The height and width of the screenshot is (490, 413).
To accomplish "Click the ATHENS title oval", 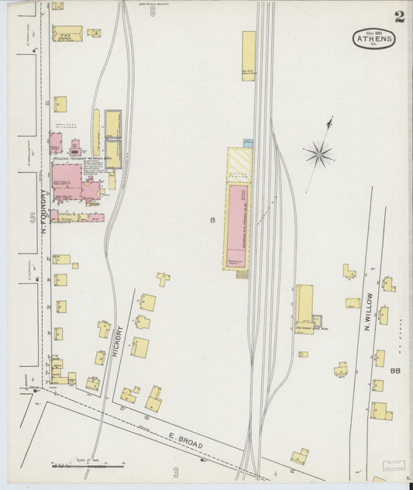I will (x=375, y=38).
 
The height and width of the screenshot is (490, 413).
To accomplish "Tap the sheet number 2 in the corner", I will (x=398, y=16).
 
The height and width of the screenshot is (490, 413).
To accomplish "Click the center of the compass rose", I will (x=318, y=154).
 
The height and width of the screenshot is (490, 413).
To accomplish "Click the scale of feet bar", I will (x=88, y=465).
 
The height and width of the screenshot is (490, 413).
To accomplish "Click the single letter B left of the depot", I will (x=212, y=220).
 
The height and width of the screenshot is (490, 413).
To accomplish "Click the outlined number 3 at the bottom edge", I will (x=176, y=471).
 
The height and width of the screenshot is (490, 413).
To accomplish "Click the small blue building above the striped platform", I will (x=248, y=143).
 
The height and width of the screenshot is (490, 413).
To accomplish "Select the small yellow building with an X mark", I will (x=94, y=33).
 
